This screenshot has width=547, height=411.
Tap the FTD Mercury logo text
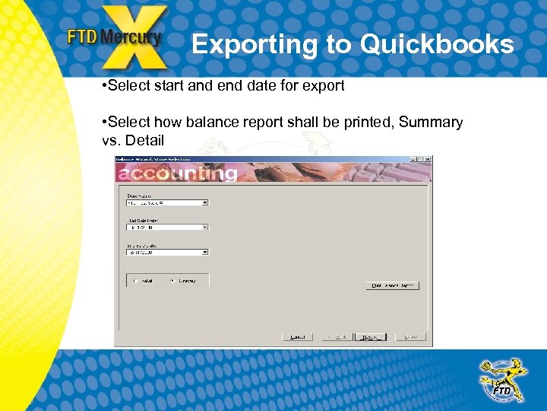[114, 37]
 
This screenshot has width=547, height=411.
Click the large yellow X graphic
[135, 38]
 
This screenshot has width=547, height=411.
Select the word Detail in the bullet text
[144, 141]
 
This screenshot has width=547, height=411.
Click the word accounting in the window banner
[177, 174]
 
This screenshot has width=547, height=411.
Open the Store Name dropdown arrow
[205, 203]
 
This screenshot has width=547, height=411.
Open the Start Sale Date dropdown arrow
[205, 228]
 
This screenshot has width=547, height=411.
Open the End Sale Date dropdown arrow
[205, 253]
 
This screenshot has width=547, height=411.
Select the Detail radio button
[136, 281]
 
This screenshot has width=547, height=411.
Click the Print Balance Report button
[392, 285]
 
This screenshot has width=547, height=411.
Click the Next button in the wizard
[371, 336]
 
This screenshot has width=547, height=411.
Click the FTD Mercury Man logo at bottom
[501, 381]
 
